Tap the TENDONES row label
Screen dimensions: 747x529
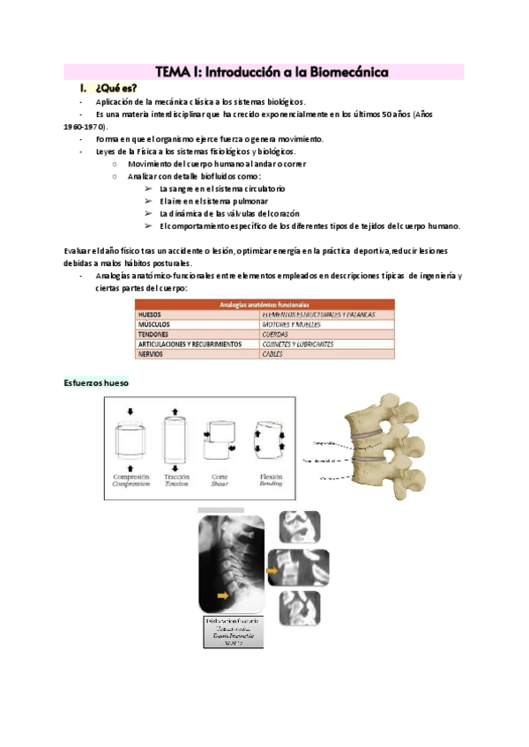coord(155,334)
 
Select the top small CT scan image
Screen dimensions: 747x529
coord(295,527)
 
